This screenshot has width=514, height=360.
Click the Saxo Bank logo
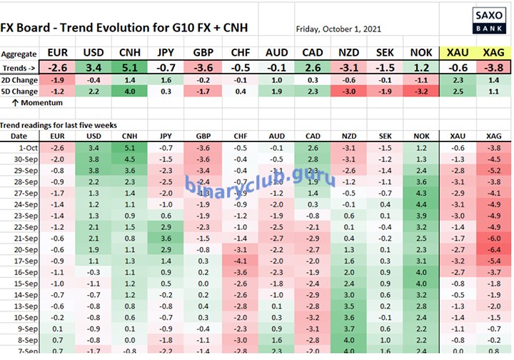488,21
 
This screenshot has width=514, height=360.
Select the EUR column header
58,54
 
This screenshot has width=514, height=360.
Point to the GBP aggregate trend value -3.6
204,67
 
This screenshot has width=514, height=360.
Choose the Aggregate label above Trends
19,54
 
